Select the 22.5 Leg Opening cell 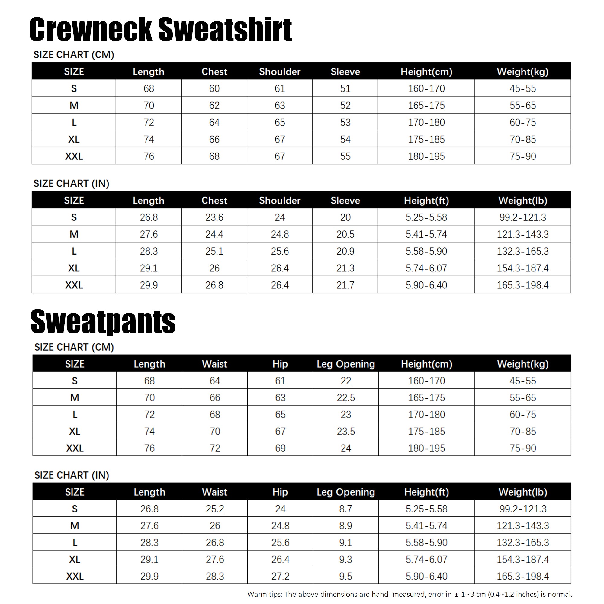[345, 397]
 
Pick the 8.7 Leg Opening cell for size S [345, 509]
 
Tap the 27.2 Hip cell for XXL [280, 576]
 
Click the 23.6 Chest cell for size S [214, 217]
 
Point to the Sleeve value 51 [345, 88]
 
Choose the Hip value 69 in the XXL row [280, 448]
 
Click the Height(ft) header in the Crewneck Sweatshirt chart [426, 200]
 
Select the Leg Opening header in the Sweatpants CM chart [345, 364]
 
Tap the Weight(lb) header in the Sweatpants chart [522, 492]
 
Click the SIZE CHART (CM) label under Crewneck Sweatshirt [74, 55]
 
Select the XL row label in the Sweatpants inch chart [74, 559]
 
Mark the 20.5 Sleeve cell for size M [345, 234]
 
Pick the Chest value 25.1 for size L [214, 251]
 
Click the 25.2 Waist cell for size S [215, 509]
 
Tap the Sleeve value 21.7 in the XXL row [345, 285]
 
